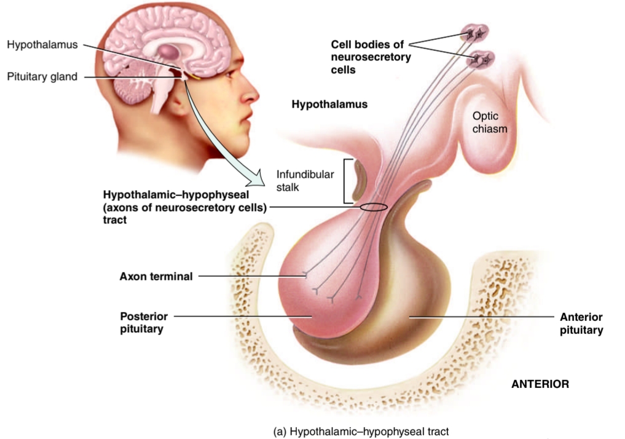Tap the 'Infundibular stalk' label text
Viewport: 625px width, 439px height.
click(305, 180)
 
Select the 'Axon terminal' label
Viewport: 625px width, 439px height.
click(155, 277)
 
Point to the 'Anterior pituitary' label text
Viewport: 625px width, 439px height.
click(581, 323)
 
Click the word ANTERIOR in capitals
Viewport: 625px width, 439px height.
click(540, 384)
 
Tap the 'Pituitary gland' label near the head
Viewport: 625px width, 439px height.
click(42, 77)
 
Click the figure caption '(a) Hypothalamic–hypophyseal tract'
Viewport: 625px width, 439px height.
click(366, 431)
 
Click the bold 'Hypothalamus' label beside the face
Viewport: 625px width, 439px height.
click(329, 105)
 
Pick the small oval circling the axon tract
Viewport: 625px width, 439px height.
click(373, 207)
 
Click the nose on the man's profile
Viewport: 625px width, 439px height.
click(251, 97)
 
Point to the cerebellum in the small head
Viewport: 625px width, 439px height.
click(130, 92)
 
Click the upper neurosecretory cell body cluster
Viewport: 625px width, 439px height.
click(475, 31)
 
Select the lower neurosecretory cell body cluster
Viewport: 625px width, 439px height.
click(483, 59)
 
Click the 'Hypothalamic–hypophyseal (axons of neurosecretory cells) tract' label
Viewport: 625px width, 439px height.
click(184, 207)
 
